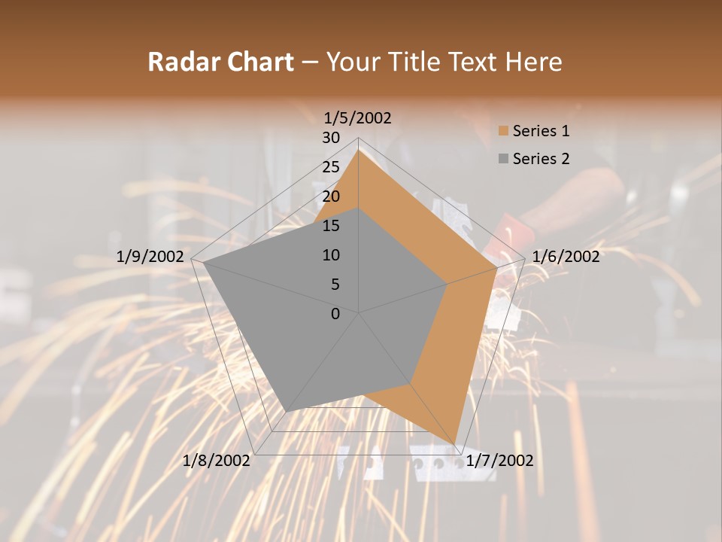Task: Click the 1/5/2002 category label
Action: (358, 117)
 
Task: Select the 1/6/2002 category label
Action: (566, 257)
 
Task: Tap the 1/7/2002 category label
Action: (499, 461)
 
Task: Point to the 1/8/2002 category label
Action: (217, 461)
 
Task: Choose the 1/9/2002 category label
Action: (150, 257)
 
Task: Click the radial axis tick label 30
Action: (331, 138)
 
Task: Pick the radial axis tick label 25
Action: (331, 167)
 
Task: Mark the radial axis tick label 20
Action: (331, 196)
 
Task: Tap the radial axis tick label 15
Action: (331, 226)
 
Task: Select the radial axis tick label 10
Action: (331, 255)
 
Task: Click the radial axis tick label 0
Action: (335, 314)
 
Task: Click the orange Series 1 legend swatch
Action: (503, 132)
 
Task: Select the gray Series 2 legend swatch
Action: (503, 159)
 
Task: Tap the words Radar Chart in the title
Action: (220, 62)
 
